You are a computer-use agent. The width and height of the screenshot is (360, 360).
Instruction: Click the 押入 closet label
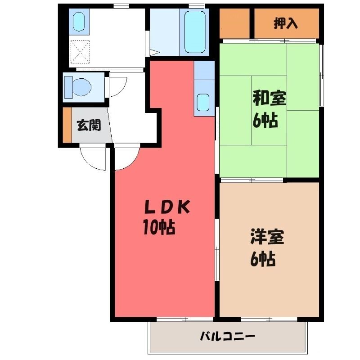286,23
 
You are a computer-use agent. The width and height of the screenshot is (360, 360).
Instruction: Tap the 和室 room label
269,99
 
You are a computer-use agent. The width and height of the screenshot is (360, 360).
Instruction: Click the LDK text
167,207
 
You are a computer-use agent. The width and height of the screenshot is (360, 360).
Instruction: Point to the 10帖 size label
159,228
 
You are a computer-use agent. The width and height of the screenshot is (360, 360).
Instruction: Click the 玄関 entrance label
89,126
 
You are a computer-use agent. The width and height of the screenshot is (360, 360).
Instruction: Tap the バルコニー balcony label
228,337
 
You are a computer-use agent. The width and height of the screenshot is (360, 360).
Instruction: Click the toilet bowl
81,87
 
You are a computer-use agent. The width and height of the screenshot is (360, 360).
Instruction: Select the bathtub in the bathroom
195,32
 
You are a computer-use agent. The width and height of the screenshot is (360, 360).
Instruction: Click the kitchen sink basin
203,103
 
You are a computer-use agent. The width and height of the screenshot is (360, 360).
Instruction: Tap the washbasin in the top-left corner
79,21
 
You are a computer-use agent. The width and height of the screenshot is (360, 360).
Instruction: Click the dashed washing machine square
80,52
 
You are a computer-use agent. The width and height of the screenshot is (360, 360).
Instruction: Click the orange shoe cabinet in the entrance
67,125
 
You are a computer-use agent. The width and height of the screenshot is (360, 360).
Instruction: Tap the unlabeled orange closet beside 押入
234,23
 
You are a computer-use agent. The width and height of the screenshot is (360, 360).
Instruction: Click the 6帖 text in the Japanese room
265,120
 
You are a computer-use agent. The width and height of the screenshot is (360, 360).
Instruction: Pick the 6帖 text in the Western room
263,259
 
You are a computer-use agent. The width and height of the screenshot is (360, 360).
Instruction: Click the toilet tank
68,87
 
